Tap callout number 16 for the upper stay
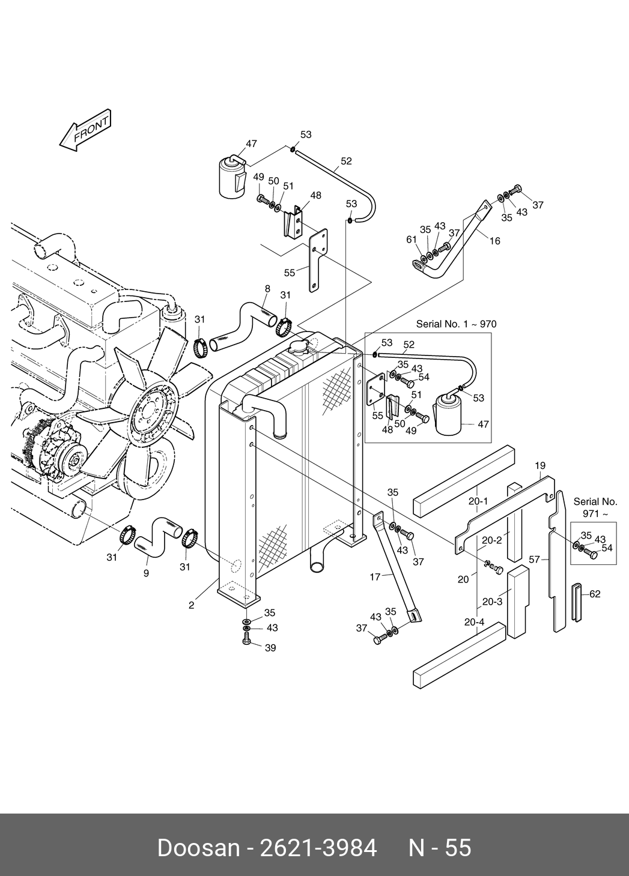click(495, 241)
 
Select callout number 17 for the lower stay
click(375, 577)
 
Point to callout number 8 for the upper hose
click(267, 289)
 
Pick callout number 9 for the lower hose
click(146, 573)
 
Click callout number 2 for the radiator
click(191, 605)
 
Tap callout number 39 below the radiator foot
click(270, 648)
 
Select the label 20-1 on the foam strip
click(478, 501)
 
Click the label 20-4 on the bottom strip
click(475, 622)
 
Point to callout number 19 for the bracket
click(540, 466)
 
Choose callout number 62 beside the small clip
click(595, 594)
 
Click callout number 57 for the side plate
click(534, 560)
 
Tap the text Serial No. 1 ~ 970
click(456, 324)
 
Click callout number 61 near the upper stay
click(411, 240)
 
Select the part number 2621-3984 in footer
click(318, 848)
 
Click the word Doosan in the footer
click(198, 848)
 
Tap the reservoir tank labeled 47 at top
click(232, 177)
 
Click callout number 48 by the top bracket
click(315, 195)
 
